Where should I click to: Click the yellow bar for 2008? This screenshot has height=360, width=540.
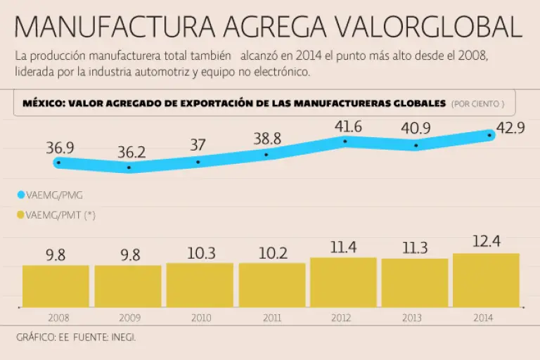(x=56, y=286)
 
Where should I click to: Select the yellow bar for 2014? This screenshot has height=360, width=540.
(x=486, y=280)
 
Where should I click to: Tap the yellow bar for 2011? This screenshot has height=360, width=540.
(x=271, y=285)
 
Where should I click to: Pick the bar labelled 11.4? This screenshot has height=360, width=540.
(x=343, y=282)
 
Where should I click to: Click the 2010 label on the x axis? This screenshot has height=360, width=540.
(x=200, y=318)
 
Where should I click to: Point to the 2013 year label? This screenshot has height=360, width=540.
(x=413, y=318)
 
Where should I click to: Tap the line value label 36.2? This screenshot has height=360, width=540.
(x=131, y=152)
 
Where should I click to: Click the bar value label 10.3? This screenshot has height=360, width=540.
(x=201, y=254)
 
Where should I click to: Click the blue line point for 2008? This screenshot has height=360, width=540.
(x=58, y=162)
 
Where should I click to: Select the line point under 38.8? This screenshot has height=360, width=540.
(x=266, y=155)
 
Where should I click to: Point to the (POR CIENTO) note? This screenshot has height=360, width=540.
(x=477, y=104)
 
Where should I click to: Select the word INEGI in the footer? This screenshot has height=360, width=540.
(x=122, y=337)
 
